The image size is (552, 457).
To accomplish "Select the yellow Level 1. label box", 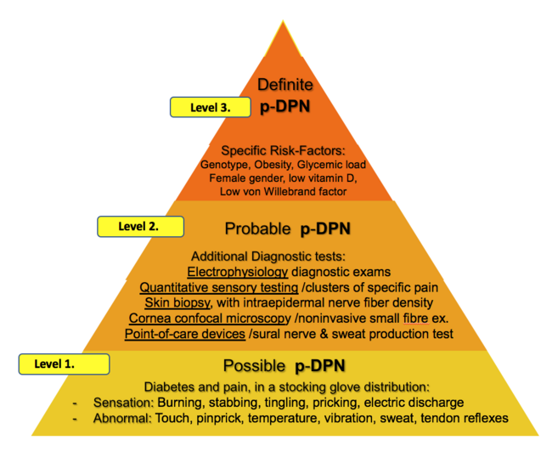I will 63,364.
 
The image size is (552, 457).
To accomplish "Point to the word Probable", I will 259,229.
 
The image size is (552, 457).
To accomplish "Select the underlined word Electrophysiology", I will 236,272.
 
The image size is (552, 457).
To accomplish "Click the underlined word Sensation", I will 121,402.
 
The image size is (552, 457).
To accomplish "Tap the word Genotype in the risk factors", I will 225,164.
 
